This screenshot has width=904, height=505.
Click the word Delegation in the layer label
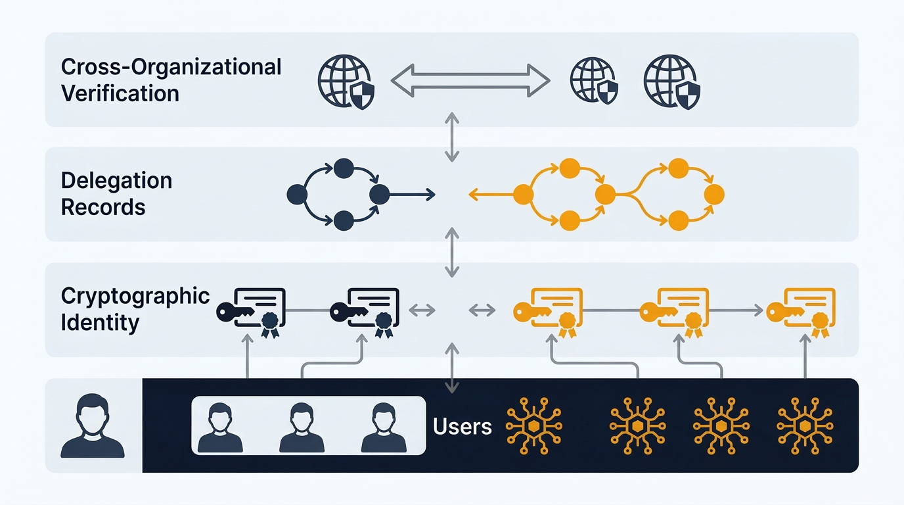point(116,180)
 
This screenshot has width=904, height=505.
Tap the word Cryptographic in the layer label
point(135,296)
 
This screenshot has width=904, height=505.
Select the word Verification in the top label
point(120,93)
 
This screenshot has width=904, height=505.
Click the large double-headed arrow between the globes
point(470,81)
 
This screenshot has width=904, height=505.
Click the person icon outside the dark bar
point(93,425)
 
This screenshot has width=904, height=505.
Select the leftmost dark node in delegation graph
point(297,194)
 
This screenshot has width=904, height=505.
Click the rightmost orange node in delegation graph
point(714,194)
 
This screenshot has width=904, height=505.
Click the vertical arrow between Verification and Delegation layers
point(451,137)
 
